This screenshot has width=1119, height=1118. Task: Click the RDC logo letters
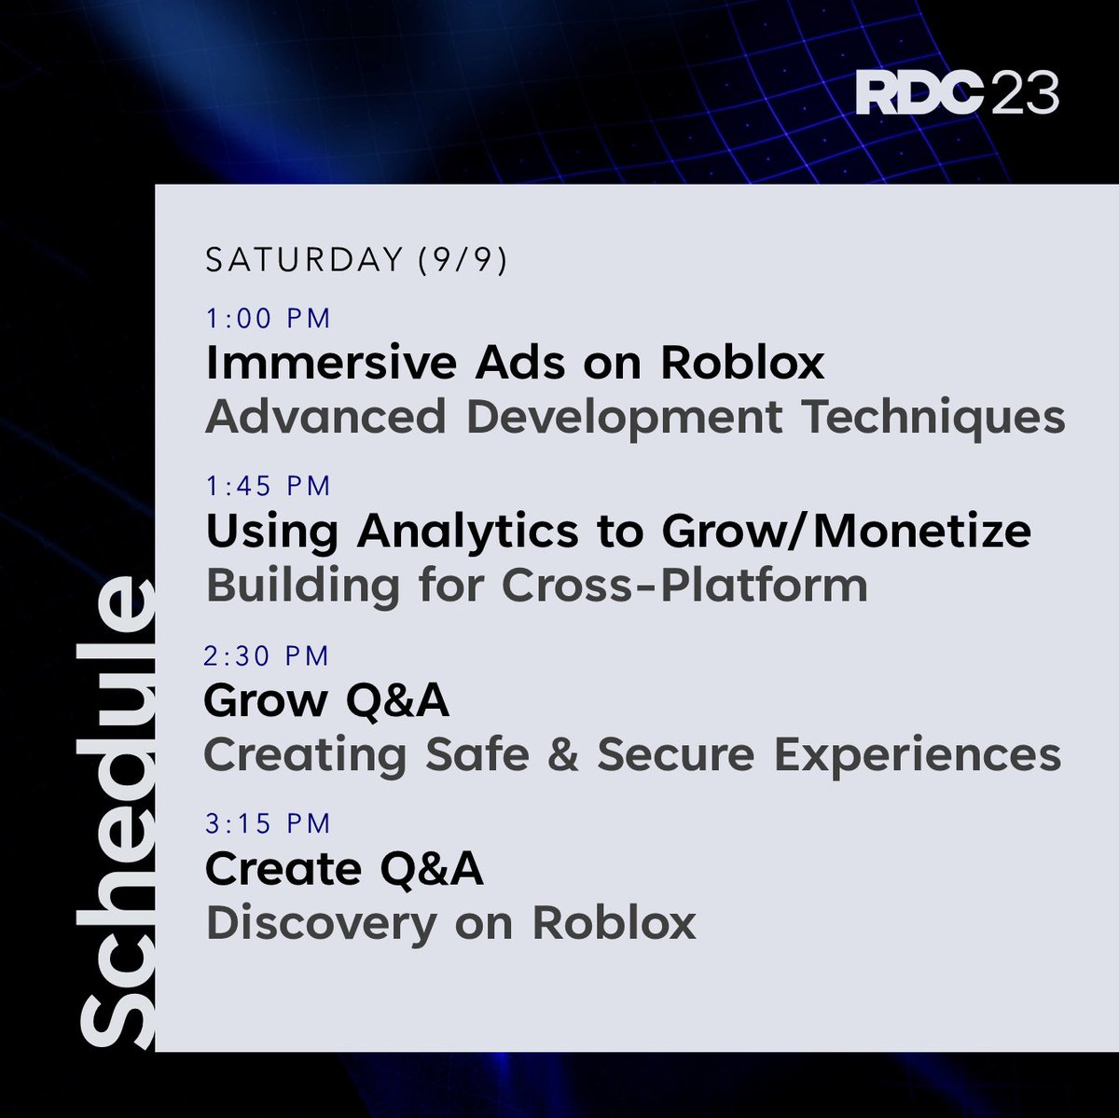coord(919,94)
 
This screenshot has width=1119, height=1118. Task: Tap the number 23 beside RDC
coord(1025,94)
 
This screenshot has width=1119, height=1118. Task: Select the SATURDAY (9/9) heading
coord(356,260)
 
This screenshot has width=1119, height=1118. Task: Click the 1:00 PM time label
coord(269,319)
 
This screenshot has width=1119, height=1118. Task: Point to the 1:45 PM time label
coord(269,486)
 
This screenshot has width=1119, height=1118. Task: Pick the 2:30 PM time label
coord(267,656)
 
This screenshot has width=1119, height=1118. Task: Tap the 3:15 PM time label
coord(269,823)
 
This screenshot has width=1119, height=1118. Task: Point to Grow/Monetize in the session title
coord(847,532)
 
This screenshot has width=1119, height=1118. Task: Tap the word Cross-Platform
coord(684,587)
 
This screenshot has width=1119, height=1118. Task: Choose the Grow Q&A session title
coord(326,701)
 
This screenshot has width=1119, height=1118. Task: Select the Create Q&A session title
coord(344,869)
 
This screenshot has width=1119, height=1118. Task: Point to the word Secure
coord(675,755)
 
